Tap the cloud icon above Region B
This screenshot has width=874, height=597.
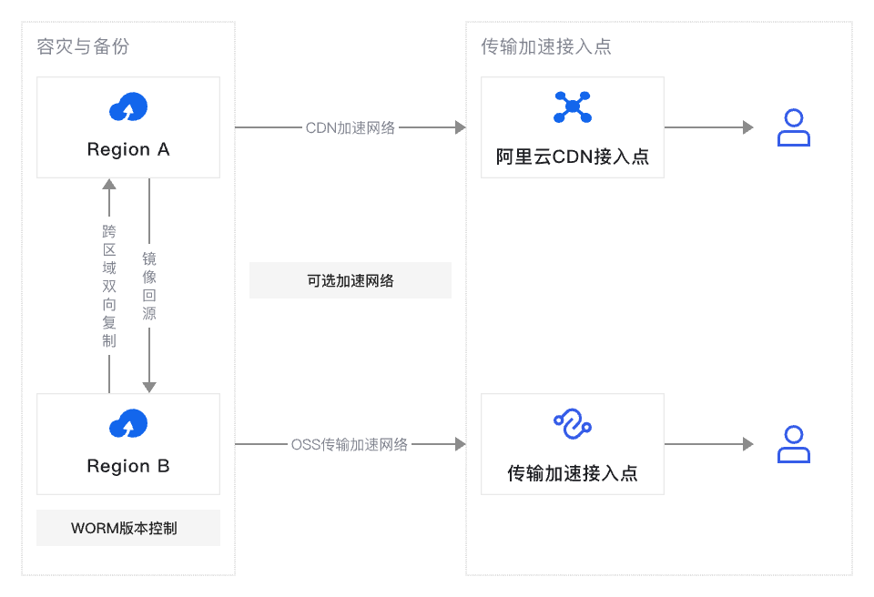(x=128, y=424)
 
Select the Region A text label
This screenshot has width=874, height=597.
(x=128, y=149)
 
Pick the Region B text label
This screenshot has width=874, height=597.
(x=128, y=466)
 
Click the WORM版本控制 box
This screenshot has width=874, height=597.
(x=128, y=528)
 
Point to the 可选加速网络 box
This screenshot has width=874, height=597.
(x=351, y=280)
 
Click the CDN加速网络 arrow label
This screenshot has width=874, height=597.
(x=351, y=127)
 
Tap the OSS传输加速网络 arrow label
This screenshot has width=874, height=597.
(x=350, y=444)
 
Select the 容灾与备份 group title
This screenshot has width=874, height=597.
(x=83, y=46)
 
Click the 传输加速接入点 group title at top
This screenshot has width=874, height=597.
(x=546, y=46)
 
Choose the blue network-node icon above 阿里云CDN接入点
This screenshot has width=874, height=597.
(x=573, y=107)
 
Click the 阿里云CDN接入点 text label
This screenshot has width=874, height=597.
(x=573, y=156)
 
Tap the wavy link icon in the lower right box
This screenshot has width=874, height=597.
(x=573, y=424)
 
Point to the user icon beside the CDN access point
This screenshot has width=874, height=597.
(x=793, y=127)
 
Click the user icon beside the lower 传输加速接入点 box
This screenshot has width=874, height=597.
(x=793, y=444)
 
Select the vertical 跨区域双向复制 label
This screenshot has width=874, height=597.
(x=109, y=286)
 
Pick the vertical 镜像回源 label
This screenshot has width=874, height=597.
(x=149, y=286)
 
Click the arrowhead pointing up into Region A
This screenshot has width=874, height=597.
(x=109, y=185)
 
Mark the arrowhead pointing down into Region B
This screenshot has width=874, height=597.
(x=149, y=387)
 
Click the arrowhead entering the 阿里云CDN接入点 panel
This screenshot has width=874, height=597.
(x=460, y=127)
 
